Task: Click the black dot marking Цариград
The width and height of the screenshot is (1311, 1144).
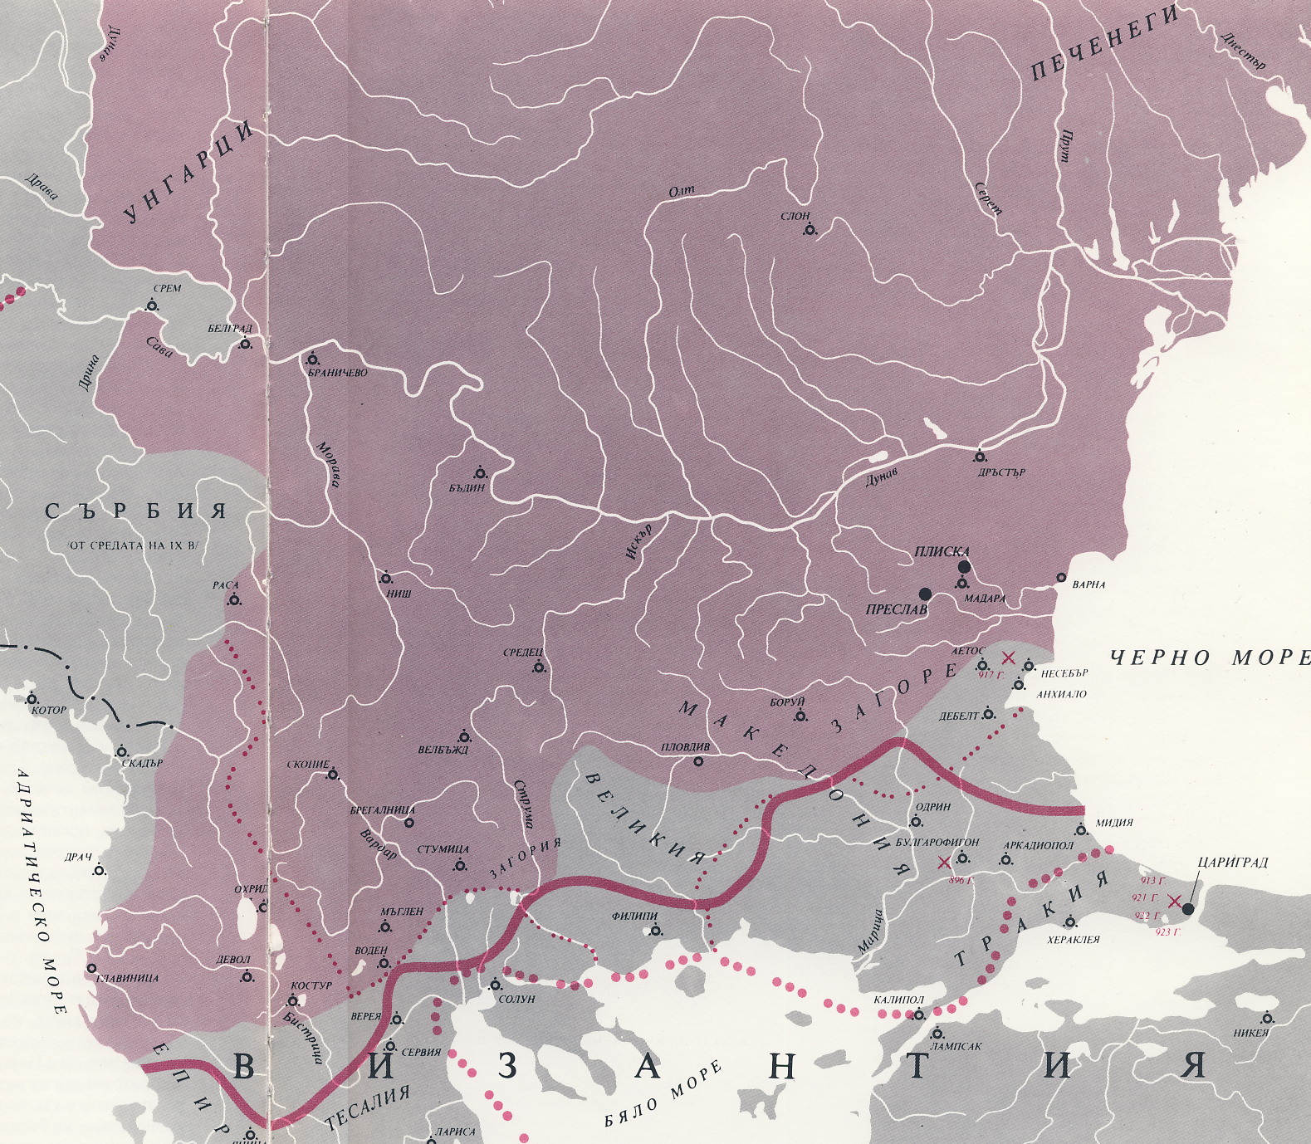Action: click(1187, 909)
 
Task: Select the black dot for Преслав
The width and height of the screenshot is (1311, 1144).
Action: click(925, 594)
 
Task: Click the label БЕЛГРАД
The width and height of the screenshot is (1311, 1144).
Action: click(229, 329)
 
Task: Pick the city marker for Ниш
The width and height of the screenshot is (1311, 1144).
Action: click(386, 578)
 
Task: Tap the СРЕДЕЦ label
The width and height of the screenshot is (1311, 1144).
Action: click(523, 653)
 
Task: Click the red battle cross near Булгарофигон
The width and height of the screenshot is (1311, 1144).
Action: click(943, 863)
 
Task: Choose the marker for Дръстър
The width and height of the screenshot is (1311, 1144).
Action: click(981, 457)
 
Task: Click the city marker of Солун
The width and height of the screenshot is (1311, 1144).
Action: click(496, 985)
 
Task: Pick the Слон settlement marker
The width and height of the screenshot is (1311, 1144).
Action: click(810, 230)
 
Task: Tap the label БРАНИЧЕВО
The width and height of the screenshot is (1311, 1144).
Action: click(337, 373)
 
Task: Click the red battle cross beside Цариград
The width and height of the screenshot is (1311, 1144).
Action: click(1174, 902)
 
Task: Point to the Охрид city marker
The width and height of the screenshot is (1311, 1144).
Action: click(263, 907)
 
